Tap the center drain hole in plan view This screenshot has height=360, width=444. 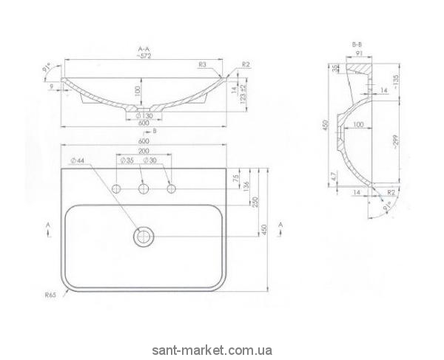[x=143, y=237]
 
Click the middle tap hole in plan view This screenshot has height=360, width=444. [x=144, y=190]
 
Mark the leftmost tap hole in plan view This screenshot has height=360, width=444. [x=116, y=190]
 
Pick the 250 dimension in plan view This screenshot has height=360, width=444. [x=256, y=203]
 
